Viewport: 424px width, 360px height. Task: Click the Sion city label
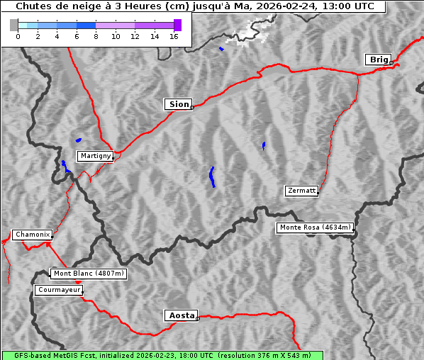pyautogui.click(x=179, y=104)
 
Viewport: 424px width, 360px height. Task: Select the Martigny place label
pyautogui.click(x=95, y=155)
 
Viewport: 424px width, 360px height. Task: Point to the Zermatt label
pyautogui.click(x=301, y=191)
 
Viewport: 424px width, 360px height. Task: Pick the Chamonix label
pyautogui.click(x=32, y=235)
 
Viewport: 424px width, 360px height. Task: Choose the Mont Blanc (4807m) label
pyautogui.click(x=89, y=274)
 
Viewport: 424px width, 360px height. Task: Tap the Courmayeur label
pyautogui.click(x=59, y=290)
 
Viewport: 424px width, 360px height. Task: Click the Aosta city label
pyautogui.click(x=181, y=315)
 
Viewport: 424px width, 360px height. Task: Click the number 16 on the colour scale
pyautogui.click(x=174, y=36)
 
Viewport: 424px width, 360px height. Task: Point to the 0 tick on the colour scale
pyautogui.click(x=18, y=36)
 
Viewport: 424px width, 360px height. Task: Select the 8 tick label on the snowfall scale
pyautogui.click(x=96, y=36)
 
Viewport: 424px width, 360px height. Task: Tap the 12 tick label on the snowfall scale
pyautogui.click(x=135, y=36)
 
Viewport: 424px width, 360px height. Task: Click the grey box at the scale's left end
pyautogui.click(x=13, y=25)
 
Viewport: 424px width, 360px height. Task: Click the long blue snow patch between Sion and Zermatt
pyautogui.click(x=212, y=177)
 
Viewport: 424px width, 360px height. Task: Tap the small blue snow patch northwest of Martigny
pyautogui.click(x=78, y=140)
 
